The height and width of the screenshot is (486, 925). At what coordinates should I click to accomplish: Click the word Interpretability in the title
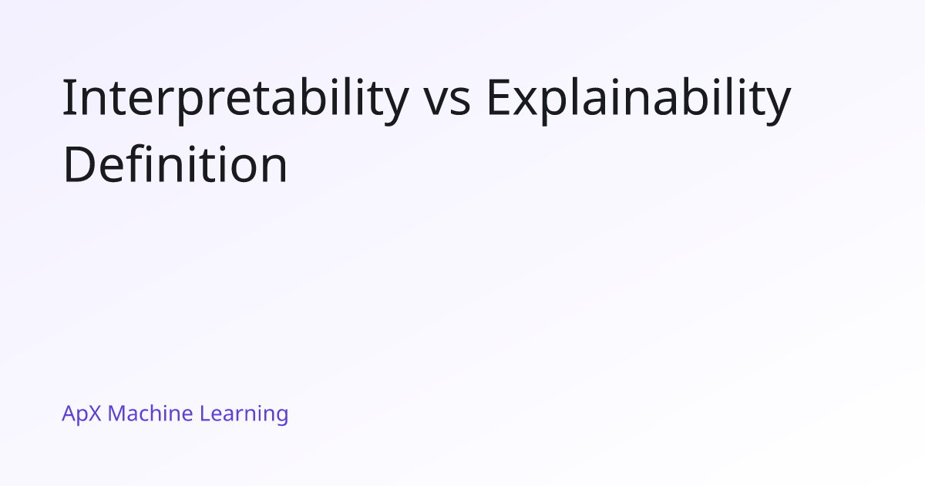[235, 100]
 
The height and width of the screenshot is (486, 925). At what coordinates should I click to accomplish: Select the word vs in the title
[448, 102]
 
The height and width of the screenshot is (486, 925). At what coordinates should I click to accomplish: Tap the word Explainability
[639, 100]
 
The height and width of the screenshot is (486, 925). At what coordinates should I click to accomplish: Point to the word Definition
[175, 164]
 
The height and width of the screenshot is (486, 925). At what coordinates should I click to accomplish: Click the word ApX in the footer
[82, 414]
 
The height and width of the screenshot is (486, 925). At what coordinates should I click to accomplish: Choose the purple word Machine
[150, 413]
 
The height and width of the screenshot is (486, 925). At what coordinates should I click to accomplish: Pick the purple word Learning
[244, 414]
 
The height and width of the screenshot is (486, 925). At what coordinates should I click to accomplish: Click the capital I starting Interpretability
[67, 96]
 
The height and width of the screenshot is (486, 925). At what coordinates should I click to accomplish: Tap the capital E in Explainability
[499, 96]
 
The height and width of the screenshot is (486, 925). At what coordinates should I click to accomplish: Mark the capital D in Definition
[79, 164]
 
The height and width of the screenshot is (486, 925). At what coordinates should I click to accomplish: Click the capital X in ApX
[94, 413]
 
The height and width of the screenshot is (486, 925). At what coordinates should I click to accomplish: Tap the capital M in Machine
[117, 413]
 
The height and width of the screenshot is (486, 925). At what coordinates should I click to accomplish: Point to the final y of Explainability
[779, 106]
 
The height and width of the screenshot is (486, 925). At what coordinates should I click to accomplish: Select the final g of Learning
[281, 417]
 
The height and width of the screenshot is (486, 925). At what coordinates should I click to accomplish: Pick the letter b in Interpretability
[312, 96]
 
